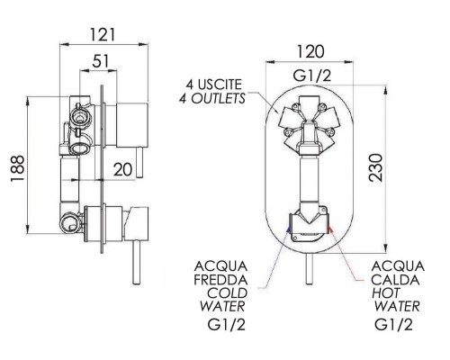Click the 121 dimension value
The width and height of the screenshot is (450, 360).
coord(103,35)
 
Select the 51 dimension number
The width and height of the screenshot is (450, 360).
coord(100,61)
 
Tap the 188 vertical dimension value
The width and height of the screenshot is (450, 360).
coord(17,168)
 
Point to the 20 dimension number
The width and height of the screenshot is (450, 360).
coord(122,169)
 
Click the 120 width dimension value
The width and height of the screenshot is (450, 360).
coord(310,51)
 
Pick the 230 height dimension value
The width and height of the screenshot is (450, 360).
coord(376,167)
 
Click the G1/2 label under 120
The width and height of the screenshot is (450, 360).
coord(312,76)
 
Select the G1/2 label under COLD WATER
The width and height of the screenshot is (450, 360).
coord(227,324)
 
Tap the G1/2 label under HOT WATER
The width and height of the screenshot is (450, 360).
coord(393,324)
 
